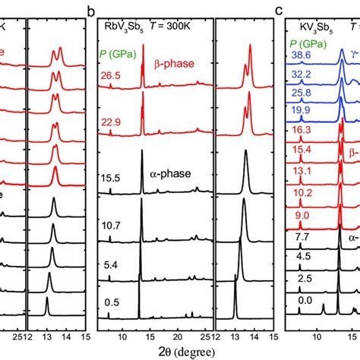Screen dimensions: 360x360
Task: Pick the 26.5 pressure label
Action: click(x=111, y=76)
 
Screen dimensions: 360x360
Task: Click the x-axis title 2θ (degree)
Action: click(x=193, y=350)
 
